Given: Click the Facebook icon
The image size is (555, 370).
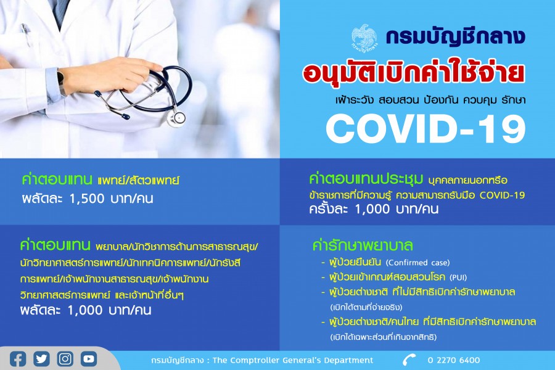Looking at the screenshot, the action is pyautogui.click(x=18, y=359).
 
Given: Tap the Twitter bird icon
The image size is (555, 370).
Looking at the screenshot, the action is pyautogui.click(x=41, y=359).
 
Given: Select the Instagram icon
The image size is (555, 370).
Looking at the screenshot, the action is pyautogui.click(x=65, y=359).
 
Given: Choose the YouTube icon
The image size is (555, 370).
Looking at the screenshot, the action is pyautogui.click(x=89, y=359).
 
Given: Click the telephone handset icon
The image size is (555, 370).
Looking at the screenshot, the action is pyautogui.click(x=409, y=360).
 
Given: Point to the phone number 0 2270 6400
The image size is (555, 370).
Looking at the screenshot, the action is pyautogui.click(x=454, y=360).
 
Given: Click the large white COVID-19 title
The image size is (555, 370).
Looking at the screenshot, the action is pyautogui.click(x=425, y=129).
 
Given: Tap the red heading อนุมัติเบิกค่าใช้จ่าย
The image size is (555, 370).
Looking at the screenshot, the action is pyautogui.click(x=413, y=73).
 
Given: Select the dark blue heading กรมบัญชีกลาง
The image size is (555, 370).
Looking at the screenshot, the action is pyautogui.click(x=455, y=37).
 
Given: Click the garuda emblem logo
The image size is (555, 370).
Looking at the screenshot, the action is pyautogui.click(x=365, y=37).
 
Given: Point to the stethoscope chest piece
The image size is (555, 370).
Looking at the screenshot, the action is pyautogui.click(x=176, y=118).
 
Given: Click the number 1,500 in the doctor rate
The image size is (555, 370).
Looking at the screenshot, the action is pyautogui.click(x=87, y=199).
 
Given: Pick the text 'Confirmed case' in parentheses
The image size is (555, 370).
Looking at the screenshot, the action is pyautogui.click(x=417, y=263).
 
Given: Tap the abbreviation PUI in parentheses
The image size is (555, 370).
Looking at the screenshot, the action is pyautogui.click(x=458, y=277).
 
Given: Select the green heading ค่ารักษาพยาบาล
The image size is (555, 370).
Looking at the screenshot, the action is pyautogui.click(x=363, y=245).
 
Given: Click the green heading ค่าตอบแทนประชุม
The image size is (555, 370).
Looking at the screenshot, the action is pyautogui.click(x=366, y=179).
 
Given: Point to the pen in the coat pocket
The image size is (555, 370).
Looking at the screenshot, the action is pyautogui.click(x=25, y=34).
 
